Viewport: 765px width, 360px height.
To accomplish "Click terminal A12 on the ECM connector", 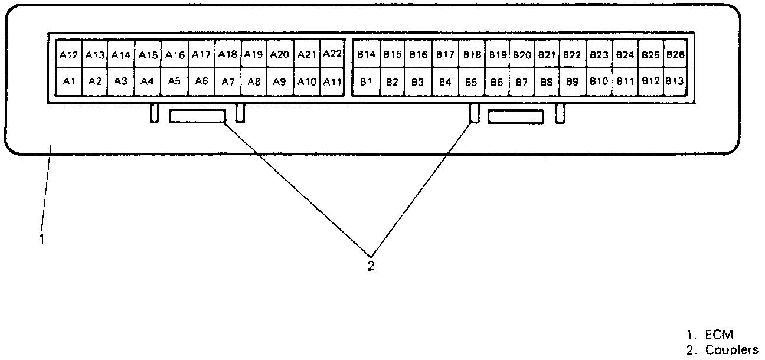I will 68,55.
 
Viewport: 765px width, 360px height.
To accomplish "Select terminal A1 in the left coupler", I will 68,81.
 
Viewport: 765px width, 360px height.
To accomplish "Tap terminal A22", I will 332,54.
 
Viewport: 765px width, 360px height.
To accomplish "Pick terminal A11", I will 332,81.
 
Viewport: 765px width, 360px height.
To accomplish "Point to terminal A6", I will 201,81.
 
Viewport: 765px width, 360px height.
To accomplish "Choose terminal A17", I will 201,54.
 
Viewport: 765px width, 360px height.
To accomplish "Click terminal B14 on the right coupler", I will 366,54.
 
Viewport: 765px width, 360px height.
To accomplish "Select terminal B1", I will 366,81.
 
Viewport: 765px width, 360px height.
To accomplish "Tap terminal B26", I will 675,54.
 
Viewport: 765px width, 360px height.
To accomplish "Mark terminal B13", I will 675,81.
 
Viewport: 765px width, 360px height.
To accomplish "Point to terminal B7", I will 522,81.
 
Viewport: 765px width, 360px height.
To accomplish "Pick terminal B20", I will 522,54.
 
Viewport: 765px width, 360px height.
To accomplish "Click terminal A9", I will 280,81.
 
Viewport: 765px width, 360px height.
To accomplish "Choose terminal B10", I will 599,81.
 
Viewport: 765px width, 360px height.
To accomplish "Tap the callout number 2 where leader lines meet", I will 371,266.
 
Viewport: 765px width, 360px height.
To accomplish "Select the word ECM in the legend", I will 719,335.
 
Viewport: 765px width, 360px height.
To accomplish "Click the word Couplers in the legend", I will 731,349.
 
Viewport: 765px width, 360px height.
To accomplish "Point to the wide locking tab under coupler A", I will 198,116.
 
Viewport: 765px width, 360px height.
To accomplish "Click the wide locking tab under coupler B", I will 516,116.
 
